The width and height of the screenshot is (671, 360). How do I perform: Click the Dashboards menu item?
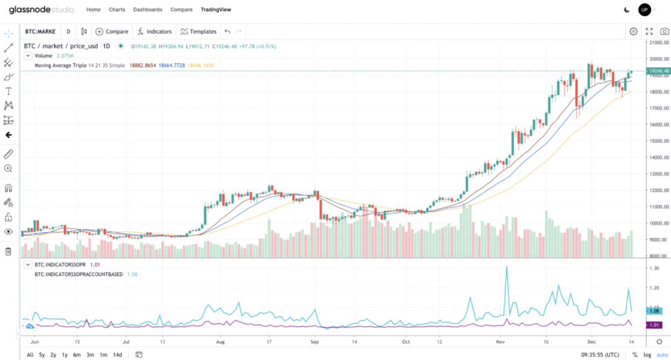point(148,10)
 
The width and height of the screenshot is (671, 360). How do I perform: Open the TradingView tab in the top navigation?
point(216,10)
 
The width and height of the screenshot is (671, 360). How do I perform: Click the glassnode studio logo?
point(42,10)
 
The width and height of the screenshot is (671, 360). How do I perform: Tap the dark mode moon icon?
point(627,10)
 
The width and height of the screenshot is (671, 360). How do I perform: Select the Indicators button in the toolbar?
point(155,31)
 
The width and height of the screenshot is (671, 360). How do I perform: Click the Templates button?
point(198,31)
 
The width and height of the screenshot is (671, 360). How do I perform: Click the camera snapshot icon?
point(664,31)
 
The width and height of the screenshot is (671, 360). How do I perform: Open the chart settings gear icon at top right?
point(633,31)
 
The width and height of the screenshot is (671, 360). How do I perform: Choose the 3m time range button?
point(90,355)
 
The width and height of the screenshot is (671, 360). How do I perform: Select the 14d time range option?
point(118,355)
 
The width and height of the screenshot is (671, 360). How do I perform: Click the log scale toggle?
point(647,355)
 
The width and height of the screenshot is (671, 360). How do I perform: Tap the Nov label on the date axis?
point(501,342)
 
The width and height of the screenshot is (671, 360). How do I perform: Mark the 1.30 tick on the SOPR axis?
point(654,268)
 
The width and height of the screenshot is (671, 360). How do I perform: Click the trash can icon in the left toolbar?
point(8,251)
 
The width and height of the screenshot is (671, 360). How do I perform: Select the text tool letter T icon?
point(8,91)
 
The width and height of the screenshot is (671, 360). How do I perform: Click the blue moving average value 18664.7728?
point(171,66)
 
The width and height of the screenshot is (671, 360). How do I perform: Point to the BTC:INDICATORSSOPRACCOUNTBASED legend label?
point(79,274)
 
